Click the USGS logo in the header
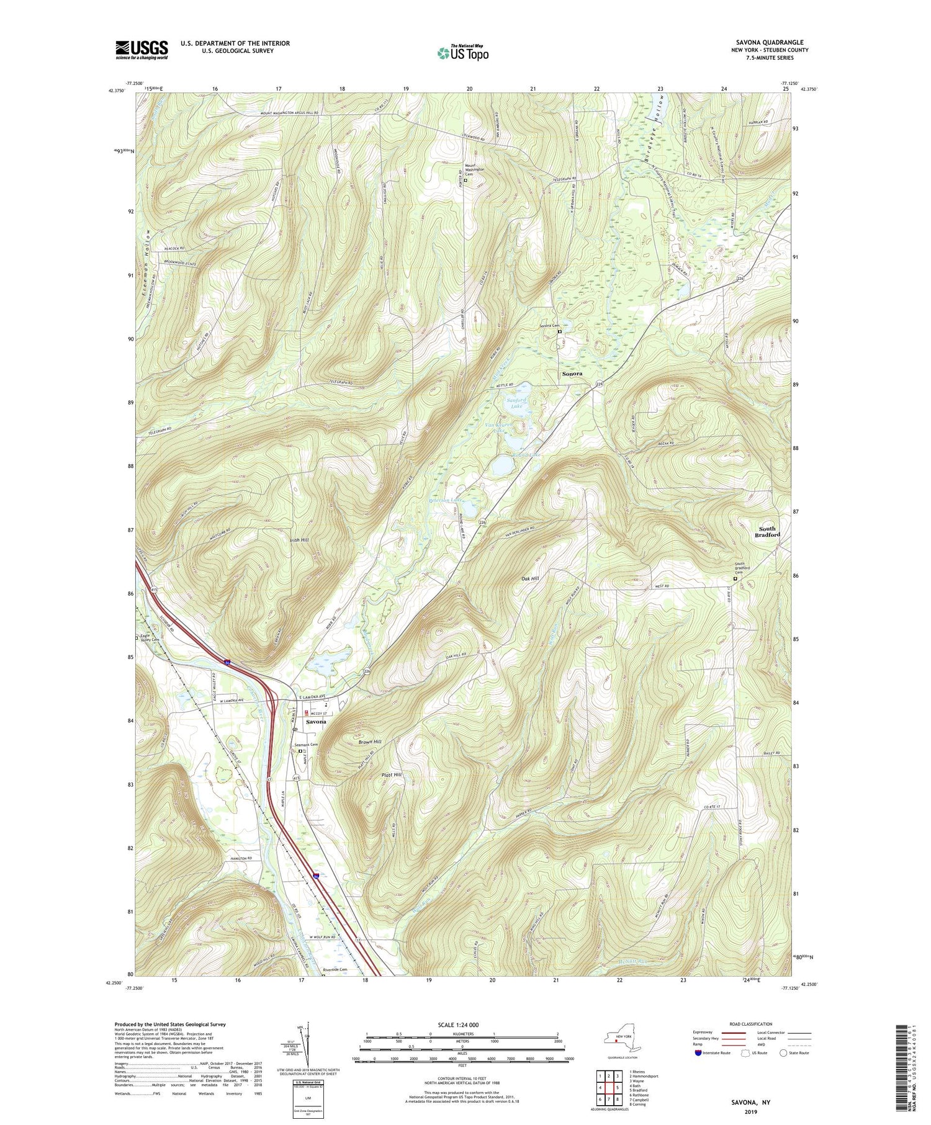pyautogui.click(x=142, y=50)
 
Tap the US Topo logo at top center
pyautogui.click(x=462, y=53)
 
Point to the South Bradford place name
pyautogui.click(x=767, y=532)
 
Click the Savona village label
pyautogui.click(x=315, y=722)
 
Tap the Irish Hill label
pyautogui.click(x=299, y=540)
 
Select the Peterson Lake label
pyautogui.click(x=446, y=500)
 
